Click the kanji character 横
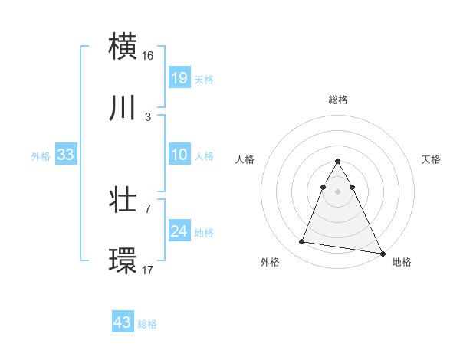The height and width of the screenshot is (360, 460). pyautogui.click(x=124, y=46)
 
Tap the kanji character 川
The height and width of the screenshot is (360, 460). pyautogui.click(x=124, y=109)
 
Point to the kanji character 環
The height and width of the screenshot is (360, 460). pyautogui.click(x=124, y=261)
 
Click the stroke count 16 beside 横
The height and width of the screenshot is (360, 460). pyautogui.click(x=149, y=56)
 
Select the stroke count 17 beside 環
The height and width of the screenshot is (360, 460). pyautogui.click(x=149, y=270)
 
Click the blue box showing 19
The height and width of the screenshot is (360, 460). pyautogui.click(x=179, y=77)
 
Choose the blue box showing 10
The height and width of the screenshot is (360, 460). pyautogui.click(x=179, y=155)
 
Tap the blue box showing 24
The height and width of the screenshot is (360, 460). pyautogui.click(x=179, y=231)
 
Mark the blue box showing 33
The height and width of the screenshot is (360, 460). pyautogui.click(x=66, y=155)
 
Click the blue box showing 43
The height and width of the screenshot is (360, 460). pyautogui.click(x=123, y=322)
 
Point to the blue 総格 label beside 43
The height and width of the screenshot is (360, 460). pyautogui.click(x=147, y=324)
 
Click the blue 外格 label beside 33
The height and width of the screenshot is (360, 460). pyautogui.click(x=41, y=155)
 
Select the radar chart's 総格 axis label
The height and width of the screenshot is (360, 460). pyautogui.click(x=338, y=100)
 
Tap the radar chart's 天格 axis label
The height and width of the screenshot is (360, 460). pyautogui.click(x=432, y=159)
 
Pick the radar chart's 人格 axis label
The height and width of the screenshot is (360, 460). pyautogui.click(x=245, y=159)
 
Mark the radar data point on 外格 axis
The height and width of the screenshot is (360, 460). pyautogui.click(x=302, y=242)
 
